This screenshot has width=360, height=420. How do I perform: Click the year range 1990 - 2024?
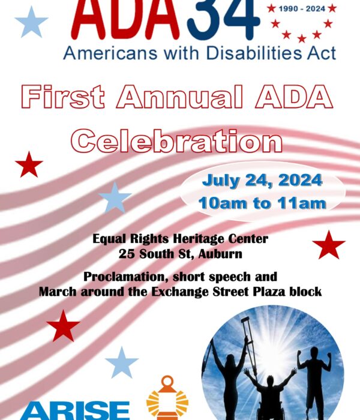coord(302,9)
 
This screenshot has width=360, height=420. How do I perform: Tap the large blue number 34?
coord(223,19)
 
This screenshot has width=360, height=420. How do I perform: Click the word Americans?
coord(110,53)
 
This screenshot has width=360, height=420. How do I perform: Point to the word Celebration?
coord(177,140)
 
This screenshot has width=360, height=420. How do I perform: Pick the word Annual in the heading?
coord(180,97)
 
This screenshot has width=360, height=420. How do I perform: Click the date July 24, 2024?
coord(262,180)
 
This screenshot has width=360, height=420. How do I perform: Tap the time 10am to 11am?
coord(262,203)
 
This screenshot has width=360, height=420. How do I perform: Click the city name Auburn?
coord(220,254)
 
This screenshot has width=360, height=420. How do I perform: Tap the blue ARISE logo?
coord(76,410)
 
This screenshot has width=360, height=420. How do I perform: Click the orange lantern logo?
coord(167,398)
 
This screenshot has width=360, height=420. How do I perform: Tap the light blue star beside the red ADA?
coord(31,22)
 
